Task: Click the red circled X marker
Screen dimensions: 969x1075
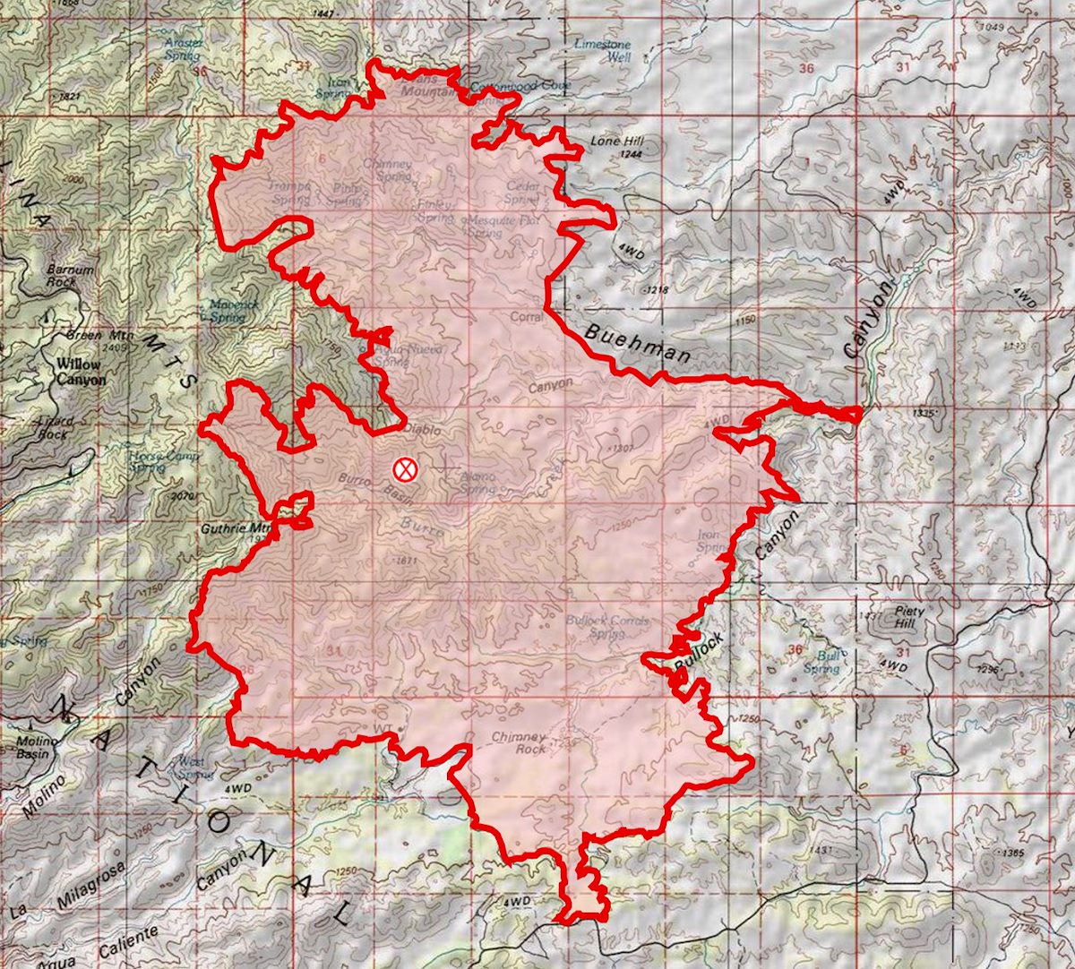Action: point(405,468)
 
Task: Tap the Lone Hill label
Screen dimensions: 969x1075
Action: point(616,141)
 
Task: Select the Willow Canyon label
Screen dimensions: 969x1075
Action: point(80,373)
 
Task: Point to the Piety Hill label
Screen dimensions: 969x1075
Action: point(909,617)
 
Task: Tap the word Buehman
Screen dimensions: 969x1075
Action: point(637,344)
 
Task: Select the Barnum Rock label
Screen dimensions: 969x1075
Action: point(72,275)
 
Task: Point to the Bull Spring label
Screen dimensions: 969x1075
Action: point(821,661)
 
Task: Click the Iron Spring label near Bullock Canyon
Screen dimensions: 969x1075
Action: point(712,540)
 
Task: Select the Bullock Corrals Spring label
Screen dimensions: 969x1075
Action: point(607,625)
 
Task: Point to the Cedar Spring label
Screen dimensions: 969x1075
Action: point(521,193)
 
